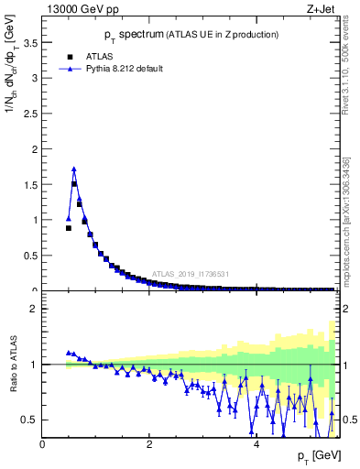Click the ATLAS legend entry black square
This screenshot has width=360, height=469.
[x=68, y=54]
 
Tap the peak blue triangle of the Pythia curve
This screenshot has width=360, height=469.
[x=74, y=169]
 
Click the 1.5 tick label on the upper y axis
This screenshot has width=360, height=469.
[x=31, y=184]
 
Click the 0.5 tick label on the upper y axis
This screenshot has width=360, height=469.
[x=31, y=255]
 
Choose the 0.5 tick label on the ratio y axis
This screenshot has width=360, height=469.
[x=31, y=420]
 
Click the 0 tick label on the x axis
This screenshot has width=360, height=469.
[x=43, y=444]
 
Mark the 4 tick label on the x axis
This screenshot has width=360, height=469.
[x=256, y=444]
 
